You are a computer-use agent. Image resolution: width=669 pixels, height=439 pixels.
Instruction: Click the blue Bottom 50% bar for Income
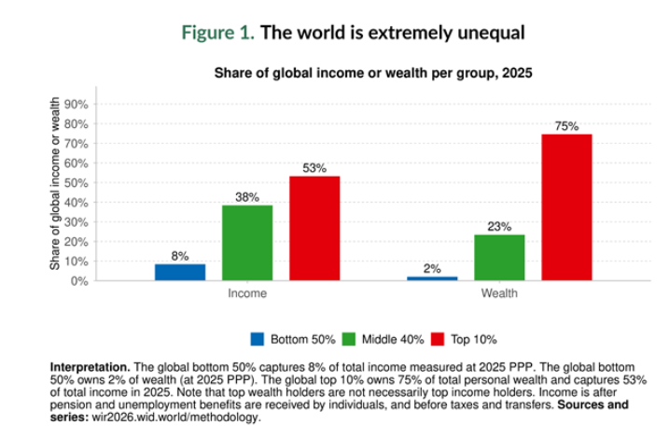point(180,272)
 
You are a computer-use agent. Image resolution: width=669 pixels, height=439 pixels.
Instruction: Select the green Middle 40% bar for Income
point(247,243)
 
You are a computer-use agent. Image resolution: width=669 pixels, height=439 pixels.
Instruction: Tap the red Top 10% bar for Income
point(314,228)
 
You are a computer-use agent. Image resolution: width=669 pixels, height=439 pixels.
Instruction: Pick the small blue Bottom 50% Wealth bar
point(432,277)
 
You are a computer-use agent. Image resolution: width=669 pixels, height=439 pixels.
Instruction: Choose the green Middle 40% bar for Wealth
point(499,257)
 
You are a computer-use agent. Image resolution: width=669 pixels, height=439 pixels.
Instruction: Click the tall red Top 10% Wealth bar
point(566,206)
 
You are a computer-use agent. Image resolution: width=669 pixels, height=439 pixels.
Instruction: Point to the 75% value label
point(566,126)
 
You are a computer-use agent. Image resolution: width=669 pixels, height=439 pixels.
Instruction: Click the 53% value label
point(314,169)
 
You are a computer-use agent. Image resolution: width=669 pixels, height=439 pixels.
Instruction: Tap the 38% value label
point(247,198)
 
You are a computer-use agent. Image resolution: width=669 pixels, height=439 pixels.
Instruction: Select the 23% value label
point(499,227)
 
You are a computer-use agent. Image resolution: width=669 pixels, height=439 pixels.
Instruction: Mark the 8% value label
point(180,256)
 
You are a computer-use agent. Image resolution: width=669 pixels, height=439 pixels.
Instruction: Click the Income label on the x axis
point(247,293)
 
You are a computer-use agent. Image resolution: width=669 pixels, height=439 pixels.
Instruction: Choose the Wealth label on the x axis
point(499,293)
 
